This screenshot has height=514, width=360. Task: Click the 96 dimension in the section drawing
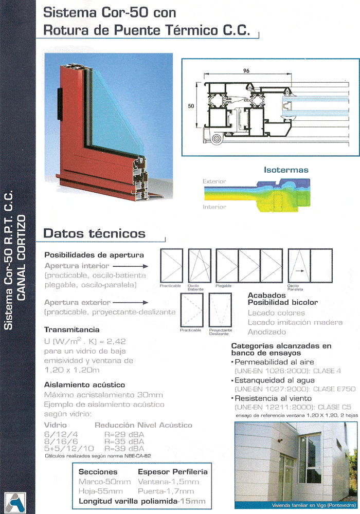click(x=246, y=71)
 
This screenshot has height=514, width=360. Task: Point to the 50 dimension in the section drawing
click(x=191, y=106)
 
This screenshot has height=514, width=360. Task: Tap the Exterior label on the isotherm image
click(x=214, y=181)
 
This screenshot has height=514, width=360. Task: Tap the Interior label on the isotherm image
click(x=214, y=207)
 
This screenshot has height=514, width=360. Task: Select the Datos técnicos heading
click(x=95, y=233)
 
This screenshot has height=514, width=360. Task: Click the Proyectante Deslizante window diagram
click(x=222, y=309)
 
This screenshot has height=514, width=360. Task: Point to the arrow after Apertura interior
click(x=130, y=266)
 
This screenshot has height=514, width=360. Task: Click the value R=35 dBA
click(x=124, y=441)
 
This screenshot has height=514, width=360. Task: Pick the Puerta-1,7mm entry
click(x=168, y=491)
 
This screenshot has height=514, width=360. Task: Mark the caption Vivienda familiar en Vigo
click(x=295, y=505)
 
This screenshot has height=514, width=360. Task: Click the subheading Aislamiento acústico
click(x=84, y=384)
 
